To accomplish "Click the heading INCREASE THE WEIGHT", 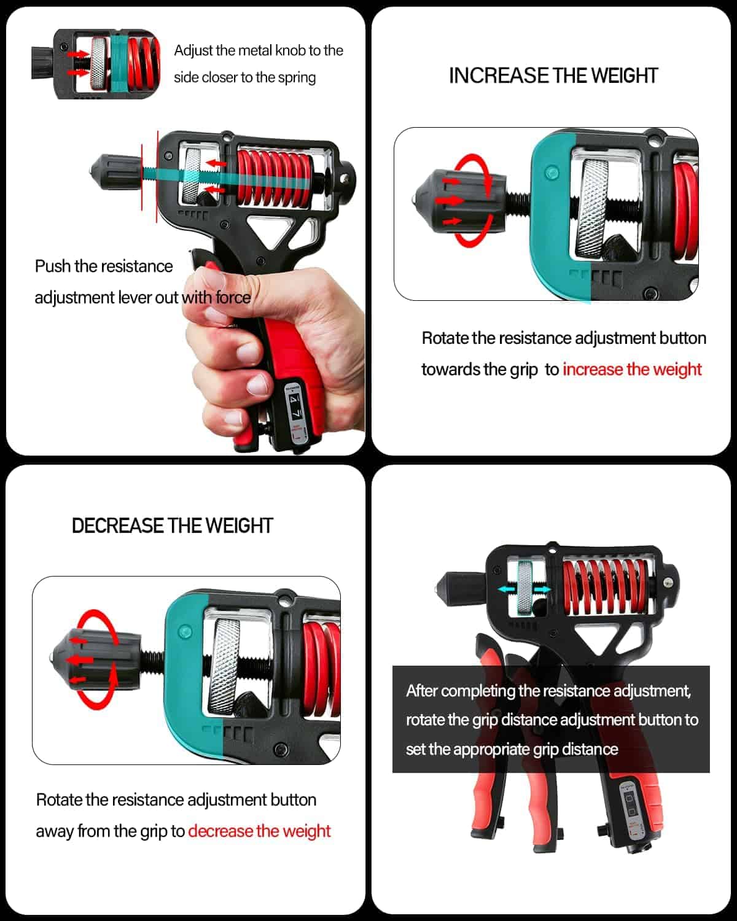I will pyautogui.click(x=553, y=76).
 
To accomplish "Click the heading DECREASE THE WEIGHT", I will pyautogui.click(x=172, y=526).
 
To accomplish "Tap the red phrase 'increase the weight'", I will pyautogui.click(x=632, y=369).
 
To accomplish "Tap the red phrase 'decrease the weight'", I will pyautogui.click(x=259, y=831).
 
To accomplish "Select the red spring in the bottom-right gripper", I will pyautogui.click(x=605, y=586).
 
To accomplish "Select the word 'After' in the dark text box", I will pyautogui.click(x=421, y=691).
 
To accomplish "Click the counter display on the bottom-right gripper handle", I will pyautogui.click(x=629, y=804).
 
